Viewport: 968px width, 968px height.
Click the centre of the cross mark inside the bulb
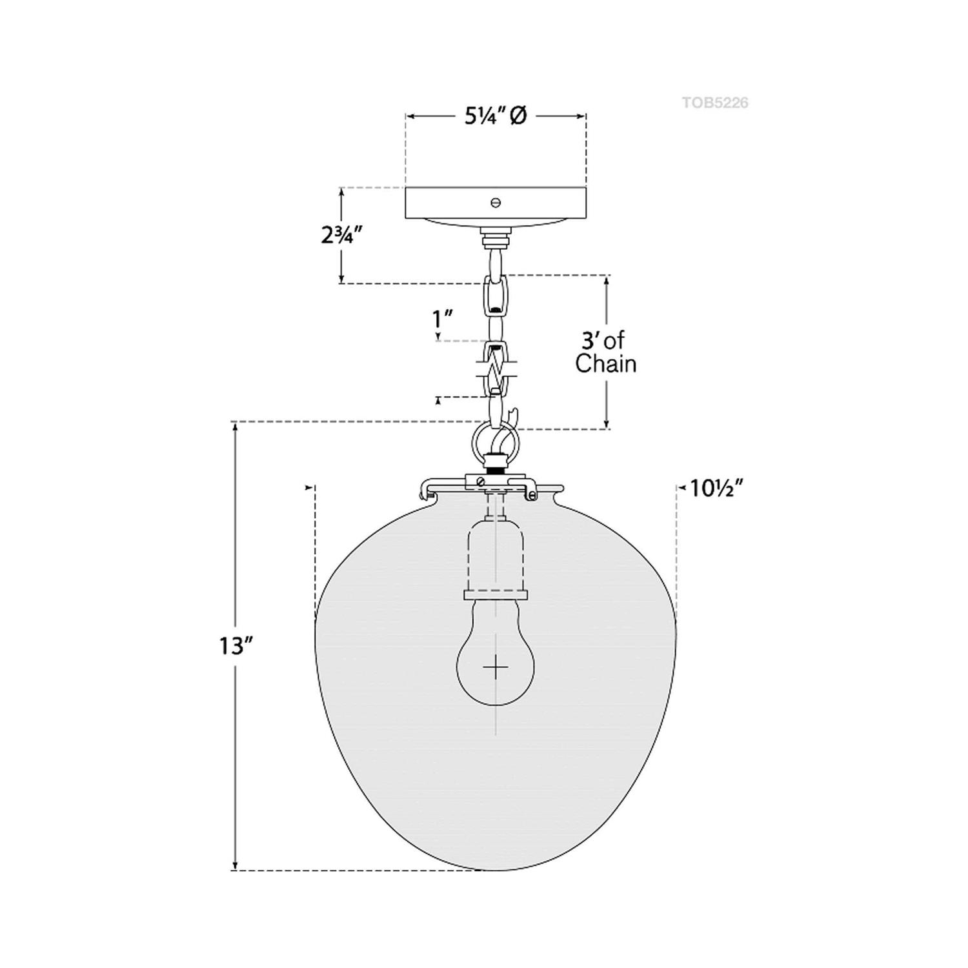(495, 667)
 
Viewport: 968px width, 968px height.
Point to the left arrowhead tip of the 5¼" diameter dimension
(406, 116)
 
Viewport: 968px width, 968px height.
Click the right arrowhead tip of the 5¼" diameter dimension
(585, 116)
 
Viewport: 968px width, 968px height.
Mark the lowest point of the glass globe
(496, 871)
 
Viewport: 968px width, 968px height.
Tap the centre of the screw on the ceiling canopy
(496, 203)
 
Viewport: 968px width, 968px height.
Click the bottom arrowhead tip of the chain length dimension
(607, 428)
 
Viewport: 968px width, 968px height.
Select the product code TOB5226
(715, 103)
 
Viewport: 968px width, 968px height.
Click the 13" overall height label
(234, 646)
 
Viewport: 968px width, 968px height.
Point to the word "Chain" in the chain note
(606, 364)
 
